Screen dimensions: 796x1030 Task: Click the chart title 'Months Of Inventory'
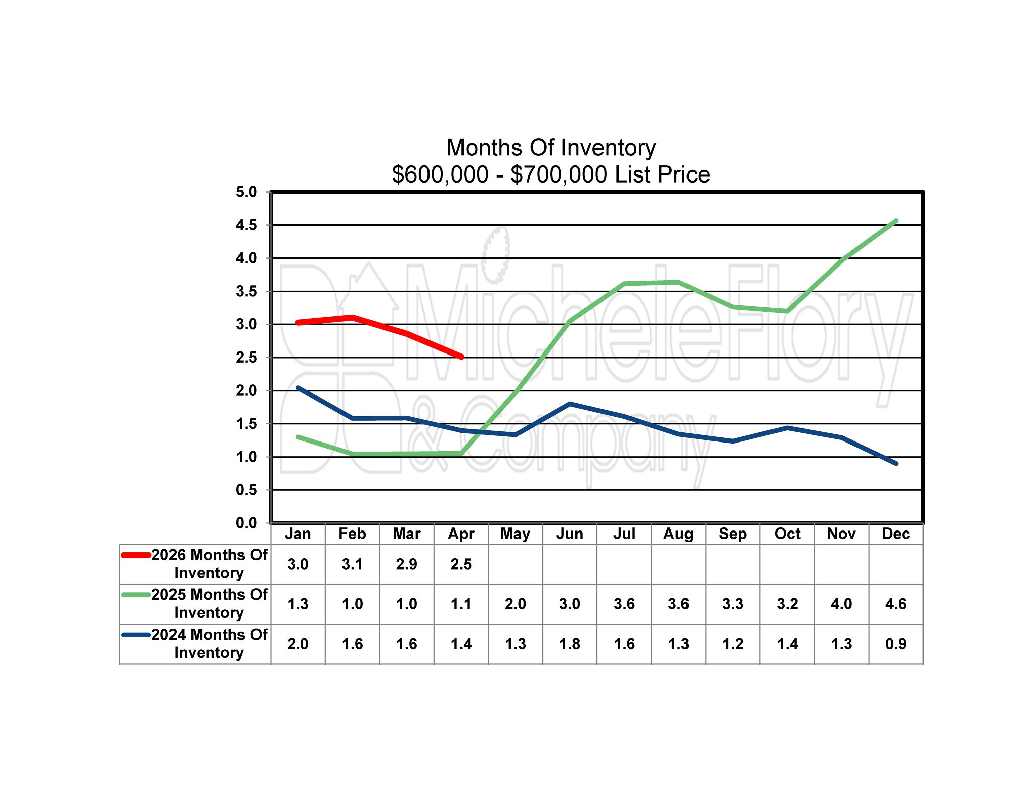click(551, 148)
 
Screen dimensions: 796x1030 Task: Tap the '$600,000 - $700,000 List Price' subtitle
click(551, 174)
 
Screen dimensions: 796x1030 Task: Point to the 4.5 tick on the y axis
click(246, 225)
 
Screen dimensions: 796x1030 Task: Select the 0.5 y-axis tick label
click(246, 490)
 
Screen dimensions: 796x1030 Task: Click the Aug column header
click(678, 534)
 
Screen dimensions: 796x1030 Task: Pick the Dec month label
click(896, 534)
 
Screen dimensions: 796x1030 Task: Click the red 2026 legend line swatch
click(136, 555)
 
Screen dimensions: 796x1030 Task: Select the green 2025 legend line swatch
click(136, 595)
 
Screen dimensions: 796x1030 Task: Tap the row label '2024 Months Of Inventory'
click(209, 644)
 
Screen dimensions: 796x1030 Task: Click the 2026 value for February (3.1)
click(352, 564)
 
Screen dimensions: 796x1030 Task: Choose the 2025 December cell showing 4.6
click(896, 604)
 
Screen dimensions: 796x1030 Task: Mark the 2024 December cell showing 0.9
click(896, 644)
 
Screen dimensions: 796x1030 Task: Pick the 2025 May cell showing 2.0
click(515, 604)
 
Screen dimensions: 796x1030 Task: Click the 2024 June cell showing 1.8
click(569, 644)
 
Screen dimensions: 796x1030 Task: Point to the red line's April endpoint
click(461, 357)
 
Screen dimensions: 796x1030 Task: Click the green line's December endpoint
click(896, 221)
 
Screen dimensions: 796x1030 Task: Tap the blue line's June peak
click(569, 404)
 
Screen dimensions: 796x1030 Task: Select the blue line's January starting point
click(298, 388)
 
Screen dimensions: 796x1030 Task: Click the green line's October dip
click(787, 311)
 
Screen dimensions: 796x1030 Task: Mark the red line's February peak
click(353, 317)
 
